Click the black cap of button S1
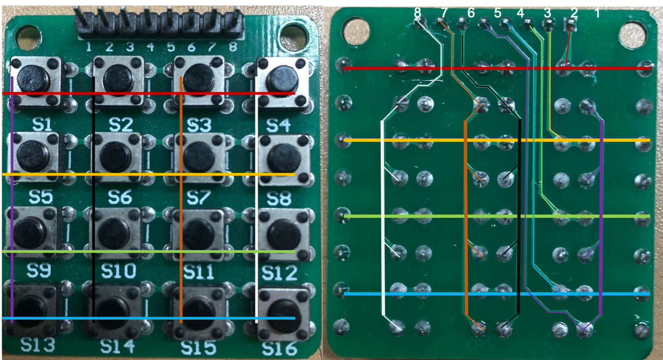click(31, 78)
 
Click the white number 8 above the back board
click(418, 11)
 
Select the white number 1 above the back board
click(597, 13)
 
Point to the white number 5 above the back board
click(497, 12)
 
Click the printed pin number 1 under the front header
click(89, 47)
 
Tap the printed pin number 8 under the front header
click(234, 47)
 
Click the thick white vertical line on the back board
click(382, 219)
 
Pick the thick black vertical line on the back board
click(517, 219)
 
